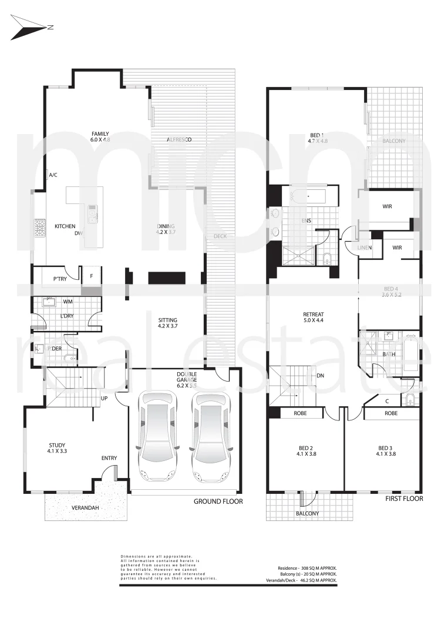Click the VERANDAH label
point(85,507)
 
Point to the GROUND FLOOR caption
point(218,502)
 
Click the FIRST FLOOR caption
point(404,499)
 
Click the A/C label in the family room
point(53,175)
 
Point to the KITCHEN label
point(65,226)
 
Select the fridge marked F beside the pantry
point(92,274)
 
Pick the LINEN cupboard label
point(365,248)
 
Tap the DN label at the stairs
point(321,376)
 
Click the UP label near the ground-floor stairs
point(105,399)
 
